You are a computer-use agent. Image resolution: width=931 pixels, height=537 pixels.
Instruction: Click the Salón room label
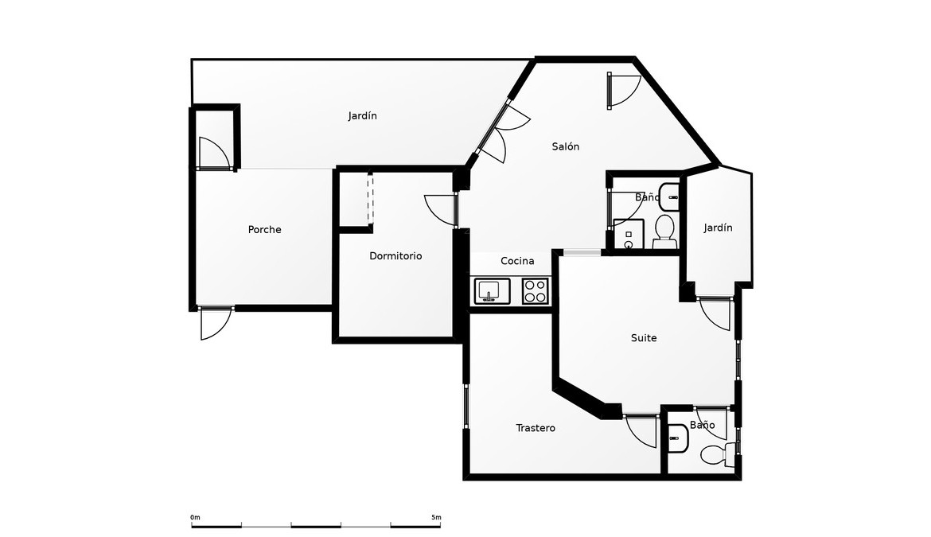point(565,146)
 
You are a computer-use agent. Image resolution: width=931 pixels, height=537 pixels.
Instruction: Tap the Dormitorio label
point(395,255)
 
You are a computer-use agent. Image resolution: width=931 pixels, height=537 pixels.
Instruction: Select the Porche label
point(265,230)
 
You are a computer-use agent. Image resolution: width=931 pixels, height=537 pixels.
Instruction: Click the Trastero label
point(536,428)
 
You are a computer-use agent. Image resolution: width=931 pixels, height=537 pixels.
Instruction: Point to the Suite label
point(644,337)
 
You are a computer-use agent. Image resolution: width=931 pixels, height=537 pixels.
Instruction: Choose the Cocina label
point(517,260)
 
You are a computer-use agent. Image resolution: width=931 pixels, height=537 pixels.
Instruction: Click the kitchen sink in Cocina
point(492,290)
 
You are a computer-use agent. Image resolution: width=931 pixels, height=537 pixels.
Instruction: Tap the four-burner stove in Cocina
point(535,290)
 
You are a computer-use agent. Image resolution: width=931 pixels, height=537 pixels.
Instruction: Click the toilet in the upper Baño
point(665,232)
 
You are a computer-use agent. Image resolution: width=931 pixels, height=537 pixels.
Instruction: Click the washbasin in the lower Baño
point(677,439)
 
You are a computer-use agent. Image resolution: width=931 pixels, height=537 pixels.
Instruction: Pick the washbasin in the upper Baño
point(670,197)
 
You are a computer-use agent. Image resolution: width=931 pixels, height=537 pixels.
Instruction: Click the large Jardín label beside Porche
point(362,115)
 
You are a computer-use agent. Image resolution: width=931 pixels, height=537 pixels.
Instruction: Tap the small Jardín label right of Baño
point(718,228)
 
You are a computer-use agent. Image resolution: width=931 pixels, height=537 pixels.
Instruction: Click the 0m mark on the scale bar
point(195,517)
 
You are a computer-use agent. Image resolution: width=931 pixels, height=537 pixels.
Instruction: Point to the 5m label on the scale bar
point(436,517)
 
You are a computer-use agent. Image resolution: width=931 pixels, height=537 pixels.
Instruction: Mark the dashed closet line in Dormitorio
point(371,198)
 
